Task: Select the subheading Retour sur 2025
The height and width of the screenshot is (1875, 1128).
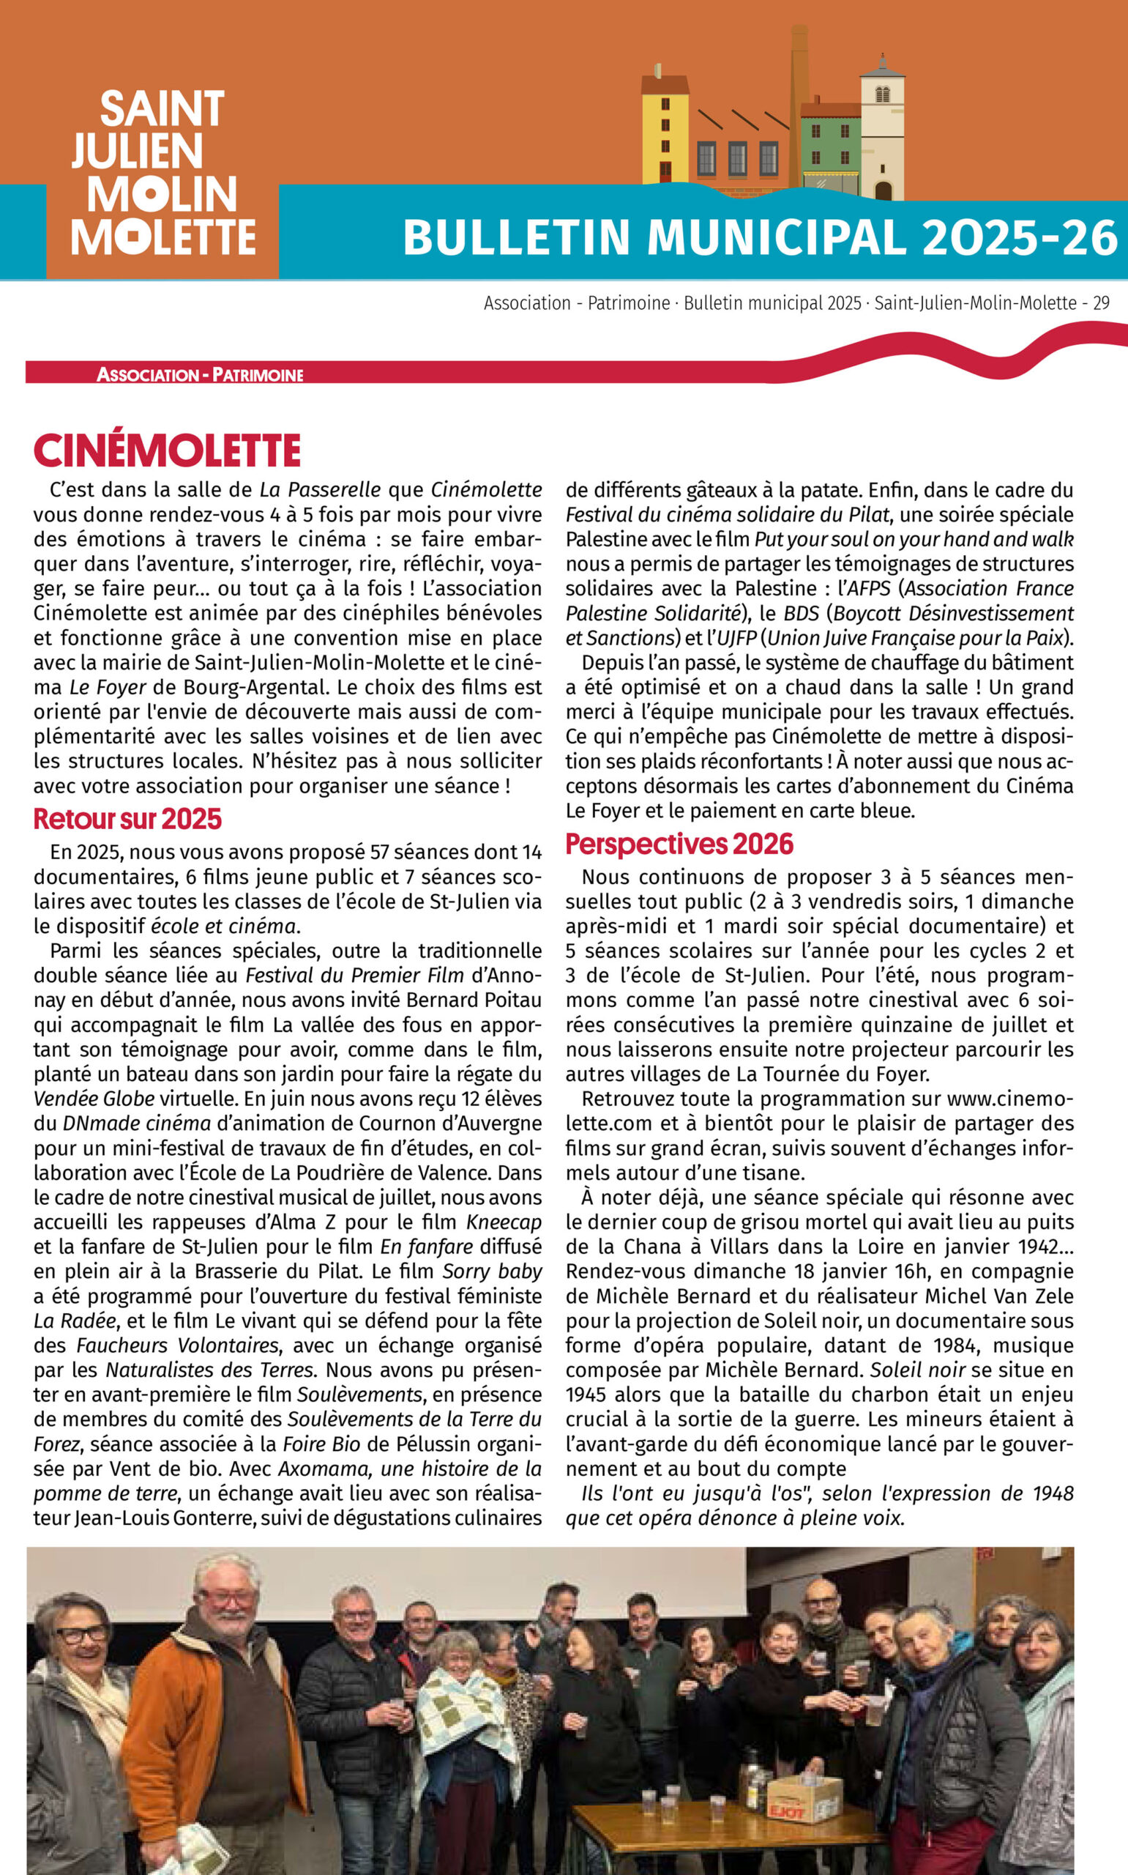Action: (127, 819)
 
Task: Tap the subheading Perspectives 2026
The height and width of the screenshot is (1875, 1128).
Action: (679, 844)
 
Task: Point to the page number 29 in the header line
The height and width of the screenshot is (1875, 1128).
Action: (1101, 303)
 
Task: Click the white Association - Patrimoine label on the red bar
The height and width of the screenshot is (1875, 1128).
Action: (200, 374)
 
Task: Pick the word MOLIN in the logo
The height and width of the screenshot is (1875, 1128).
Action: (162, 195)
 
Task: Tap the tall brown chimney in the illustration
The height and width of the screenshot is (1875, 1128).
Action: (798, 99)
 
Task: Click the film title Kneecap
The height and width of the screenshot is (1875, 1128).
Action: (503, 1222)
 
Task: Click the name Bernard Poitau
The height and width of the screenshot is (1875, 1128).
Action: (474, 1000)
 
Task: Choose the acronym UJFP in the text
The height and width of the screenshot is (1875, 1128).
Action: (736, 638)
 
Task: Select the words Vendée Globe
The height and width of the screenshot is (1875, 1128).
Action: (94, 1099)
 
